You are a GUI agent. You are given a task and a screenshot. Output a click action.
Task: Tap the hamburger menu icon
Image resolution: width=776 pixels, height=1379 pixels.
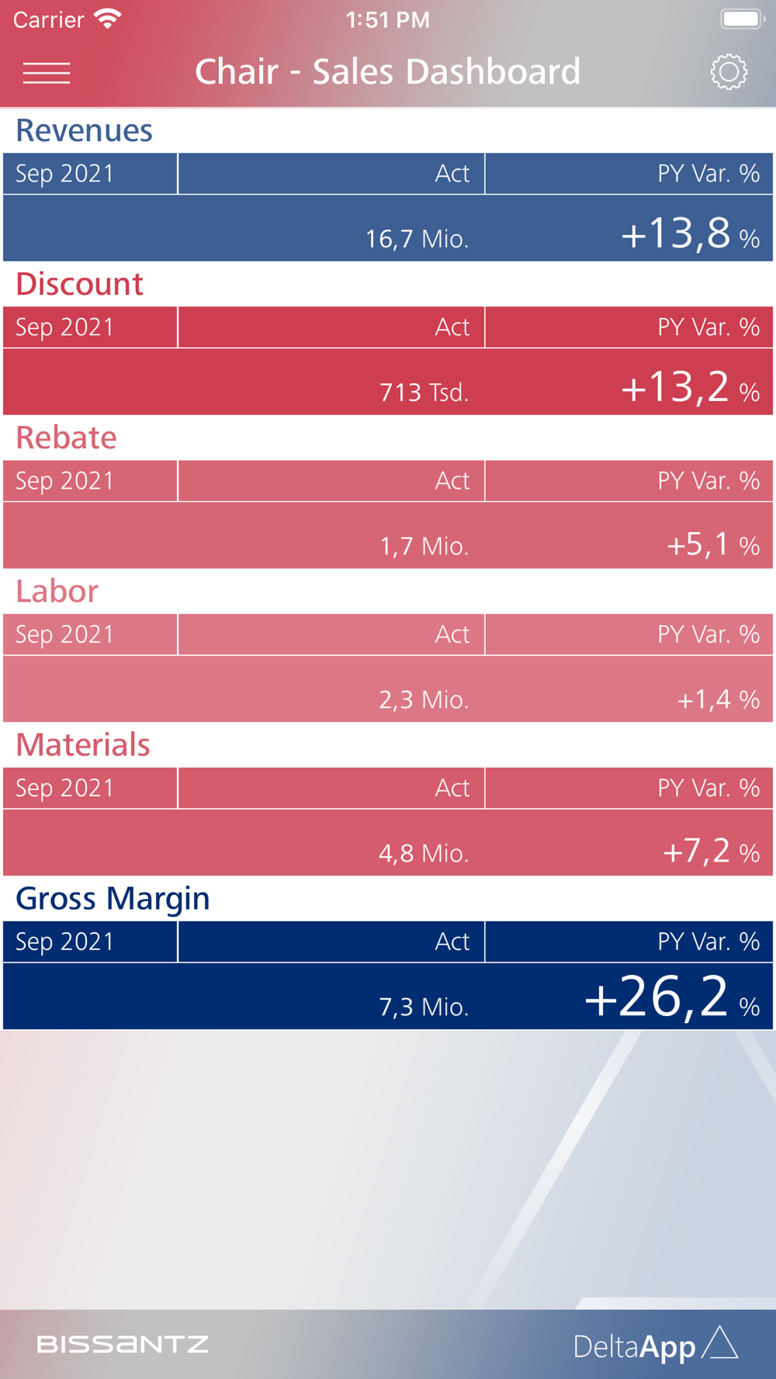tap(47, 73)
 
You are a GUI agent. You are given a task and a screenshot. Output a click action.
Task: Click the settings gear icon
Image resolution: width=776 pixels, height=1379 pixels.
tap(729, 72)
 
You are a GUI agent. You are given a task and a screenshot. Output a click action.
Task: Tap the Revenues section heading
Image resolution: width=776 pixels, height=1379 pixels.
tap(84, 130)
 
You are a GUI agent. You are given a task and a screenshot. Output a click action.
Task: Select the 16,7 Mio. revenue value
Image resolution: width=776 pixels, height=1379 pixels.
tap(417, 238)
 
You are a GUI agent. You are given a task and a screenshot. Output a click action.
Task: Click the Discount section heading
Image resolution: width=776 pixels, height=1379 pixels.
tap(79, 284)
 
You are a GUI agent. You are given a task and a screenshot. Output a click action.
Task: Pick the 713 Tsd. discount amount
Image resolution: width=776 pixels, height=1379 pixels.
tap(424, 392)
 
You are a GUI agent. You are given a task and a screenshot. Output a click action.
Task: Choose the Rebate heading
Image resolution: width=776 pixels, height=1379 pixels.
tap(66, 437)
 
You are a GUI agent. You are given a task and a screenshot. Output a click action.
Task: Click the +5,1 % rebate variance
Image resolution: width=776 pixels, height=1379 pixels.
tap(712, 544)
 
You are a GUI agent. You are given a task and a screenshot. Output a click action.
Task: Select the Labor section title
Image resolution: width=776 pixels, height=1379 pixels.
tap(57, 591)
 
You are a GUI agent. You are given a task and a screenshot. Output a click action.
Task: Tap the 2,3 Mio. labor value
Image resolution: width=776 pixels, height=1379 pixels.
tap(424, 700)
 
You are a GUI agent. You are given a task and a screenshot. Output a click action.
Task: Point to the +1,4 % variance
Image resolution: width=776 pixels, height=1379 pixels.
tap(718, 700)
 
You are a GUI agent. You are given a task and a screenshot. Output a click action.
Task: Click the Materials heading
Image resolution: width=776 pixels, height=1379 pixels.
tap(83, 745)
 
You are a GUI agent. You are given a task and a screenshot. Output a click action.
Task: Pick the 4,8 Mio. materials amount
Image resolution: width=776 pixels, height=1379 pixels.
tap(424, 853)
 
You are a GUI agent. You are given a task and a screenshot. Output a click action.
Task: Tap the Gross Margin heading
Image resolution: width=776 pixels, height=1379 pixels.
tap(113, 898)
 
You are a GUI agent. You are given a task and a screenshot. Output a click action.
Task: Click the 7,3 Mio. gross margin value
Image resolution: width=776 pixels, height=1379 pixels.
tap(424, 1007)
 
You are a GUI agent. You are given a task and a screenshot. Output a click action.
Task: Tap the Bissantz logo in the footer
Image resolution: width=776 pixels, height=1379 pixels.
tap(123, 1344)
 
